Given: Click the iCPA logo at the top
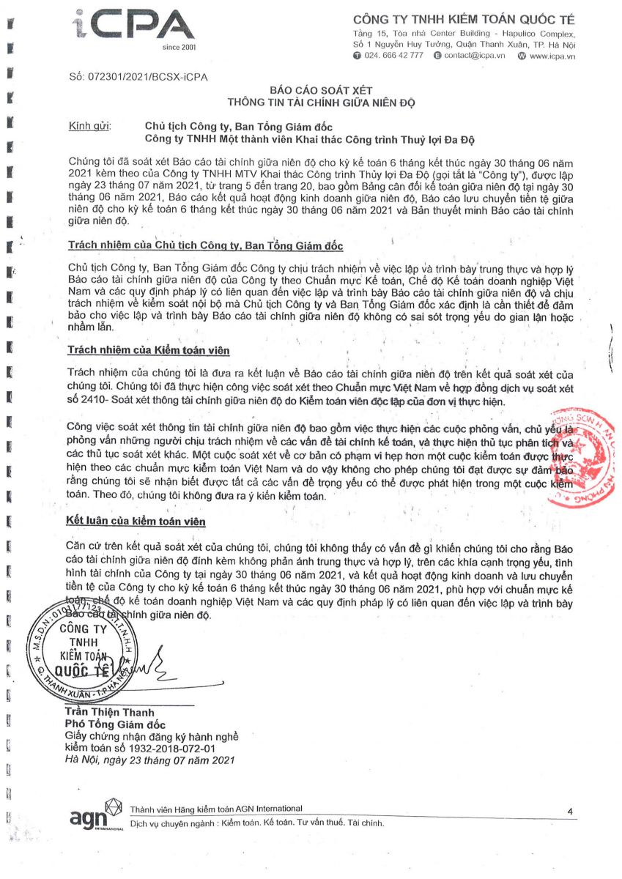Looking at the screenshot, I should tap(135, 27).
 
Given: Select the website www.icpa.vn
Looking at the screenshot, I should tap(552, 56).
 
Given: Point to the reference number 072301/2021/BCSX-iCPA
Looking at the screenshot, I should tap(138, 77).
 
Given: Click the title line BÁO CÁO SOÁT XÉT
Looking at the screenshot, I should tap(322, 90).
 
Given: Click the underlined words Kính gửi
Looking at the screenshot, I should tap(89, 125).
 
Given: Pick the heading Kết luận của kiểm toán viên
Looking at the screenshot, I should tap(136, 521).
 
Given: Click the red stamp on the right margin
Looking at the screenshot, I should tap(586, 457).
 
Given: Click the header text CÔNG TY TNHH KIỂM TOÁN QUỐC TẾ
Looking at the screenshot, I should tap(464, 19).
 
